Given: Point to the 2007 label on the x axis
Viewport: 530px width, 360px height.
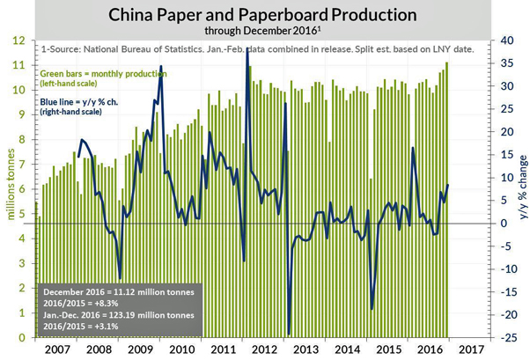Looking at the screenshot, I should click(55, 349).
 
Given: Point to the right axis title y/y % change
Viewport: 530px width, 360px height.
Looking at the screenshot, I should click(519, 189).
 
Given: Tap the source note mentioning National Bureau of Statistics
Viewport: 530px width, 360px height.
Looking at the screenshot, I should click(255, 48).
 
